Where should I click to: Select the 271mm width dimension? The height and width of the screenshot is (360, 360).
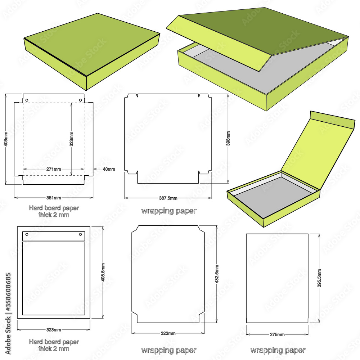[54, 169]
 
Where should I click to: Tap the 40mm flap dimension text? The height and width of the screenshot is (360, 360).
[108, 169]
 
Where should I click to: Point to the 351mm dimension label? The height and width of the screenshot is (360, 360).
[54, 198]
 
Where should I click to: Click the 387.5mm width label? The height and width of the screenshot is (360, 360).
[168, 198]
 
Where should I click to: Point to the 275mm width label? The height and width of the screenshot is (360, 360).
[277, 334]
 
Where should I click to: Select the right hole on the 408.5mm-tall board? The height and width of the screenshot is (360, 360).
[80, 235]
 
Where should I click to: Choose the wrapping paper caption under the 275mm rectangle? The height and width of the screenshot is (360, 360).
[278, 350]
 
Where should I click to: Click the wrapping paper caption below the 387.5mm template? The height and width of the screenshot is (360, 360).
[169, 211]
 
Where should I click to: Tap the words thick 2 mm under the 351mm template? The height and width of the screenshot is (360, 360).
[54, 215]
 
